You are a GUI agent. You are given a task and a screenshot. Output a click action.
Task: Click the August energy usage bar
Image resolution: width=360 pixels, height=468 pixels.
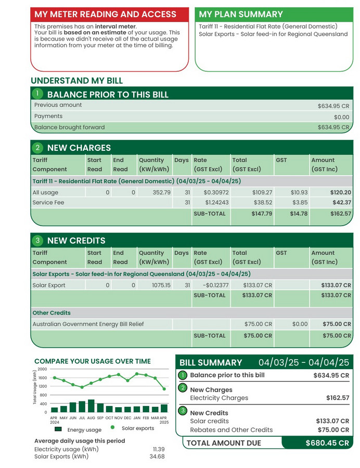91,406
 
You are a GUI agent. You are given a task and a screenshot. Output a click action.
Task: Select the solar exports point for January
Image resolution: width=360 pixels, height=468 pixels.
137,373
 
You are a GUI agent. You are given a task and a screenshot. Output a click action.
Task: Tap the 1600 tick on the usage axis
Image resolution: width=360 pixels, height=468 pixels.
42,378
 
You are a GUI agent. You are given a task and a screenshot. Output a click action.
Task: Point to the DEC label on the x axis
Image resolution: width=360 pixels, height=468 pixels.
127,418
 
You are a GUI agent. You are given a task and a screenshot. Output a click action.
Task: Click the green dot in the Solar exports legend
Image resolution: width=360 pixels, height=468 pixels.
112,428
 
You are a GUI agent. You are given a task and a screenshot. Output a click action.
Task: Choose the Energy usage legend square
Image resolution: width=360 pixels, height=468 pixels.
58,430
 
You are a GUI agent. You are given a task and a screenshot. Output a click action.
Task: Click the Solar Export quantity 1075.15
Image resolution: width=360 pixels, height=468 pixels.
159,285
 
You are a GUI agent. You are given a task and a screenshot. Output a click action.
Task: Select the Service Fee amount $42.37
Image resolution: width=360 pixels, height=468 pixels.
340,203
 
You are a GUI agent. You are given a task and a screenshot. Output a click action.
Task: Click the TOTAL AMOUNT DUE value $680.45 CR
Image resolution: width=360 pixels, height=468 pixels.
327,443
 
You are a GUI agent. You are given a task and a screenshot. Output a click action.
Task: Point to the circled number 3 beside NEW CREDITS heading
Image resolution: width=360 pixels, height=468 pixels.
37,240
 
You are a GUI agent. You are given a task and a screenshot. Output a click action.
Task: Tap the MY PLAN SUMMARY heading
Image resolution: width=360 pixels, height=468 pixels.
241,14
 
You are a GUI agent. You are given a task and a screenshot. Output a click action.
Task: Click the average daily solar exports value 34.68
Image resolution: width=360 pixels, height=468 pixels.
157,457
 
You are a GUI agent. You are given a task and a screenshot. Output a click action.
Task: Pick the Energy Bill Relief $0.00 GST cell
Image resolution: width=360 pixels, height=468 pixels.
300,324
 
